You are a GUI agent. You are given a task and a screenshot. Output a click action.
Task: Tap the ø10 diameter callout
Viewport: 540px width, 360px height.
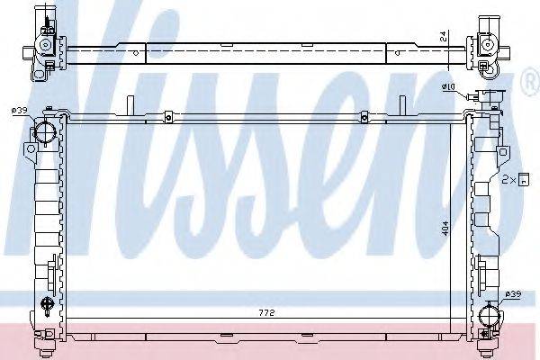click(x=449, y=87)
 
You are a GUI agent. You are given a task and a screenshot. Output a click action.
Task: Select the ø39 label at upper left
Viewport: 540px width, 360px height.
click(x=20, y=110)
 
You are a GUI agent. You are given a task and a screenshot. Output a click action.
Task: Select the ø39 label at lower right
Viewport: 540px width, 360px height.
click(x=513, y=293)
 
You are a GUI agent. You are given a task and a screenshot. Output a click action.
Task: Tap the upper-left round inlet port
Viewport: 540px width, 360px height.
click(x=44, y=135)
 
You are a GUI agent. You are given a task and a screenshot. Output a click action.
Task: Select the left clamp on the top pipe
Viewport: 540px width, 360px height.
click(x=167, y=115)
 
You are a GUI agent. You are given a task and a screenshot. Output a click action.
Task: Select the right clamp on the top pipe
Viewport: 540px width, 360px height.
click(x=363, y=115)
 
